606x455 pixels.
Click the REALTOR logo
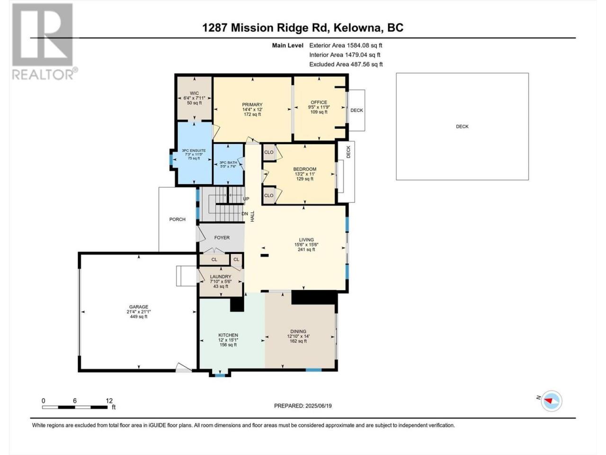click(44, 41)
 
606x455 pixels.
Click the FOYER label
click(222, 237)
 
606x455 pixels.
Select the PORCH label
click(177, 219)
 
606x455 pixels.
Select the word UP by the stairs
click(246, 199)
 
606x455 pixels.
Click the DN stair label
click(245, 214)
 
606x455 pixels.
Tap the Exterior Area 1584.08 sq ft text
click(346, 45)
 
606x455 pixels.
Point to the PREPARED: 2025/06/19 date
click(303, 406)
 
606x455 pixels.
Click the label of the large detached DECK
click(462, 127)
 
